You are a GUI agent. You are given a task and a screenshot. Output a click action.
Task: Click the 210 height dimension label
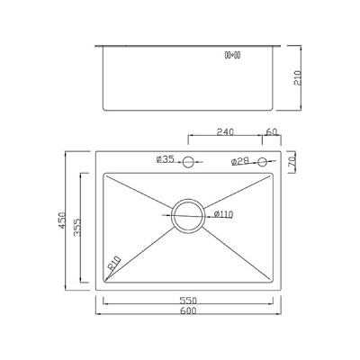point(297,77)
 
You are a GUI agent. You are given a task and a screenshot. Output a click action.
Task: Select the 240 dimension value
point(225,131)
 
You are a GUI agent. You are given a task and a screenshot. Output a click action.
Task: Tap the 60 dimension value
point(272,131)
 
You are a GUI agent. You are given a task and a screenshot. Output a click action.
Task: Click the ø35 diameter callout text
point(165,161)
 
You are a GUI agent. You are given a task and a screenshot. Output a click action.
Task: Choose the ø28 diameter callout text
point(240,162)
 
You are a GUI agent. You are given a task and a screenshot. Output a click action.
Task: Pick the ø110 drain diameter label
point(224,214)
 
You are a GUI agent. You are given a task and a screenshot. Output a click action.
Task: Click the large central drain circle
point(189,214)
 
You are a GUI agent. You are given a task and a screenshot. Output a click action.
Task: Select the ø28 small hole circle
point(262,162)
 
